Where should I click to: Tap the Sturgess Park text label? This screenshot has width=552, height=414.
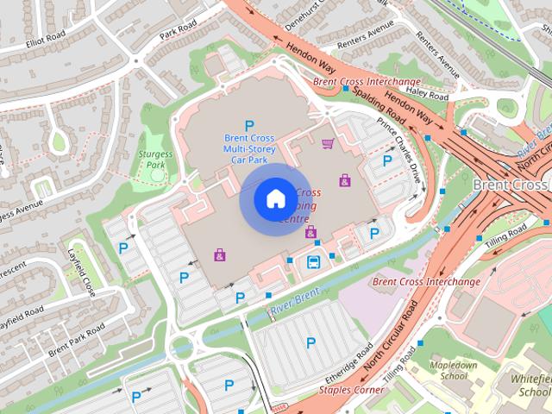[x=155, y=159]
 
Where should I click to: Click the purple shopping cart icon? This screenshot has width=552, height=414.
[x=327, y=143]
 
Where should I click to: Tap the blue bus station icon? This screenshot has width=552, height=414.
[x=313, y=262]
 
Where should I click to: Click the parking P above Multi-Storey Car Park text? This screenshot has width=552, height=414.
[x=249, y=126]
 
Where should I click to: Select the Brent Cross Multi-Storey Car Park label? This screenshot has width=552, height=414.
[x=249, y=148]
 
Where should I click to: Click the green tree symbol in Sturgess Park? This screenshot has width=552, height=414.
[x=157, y=175]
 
